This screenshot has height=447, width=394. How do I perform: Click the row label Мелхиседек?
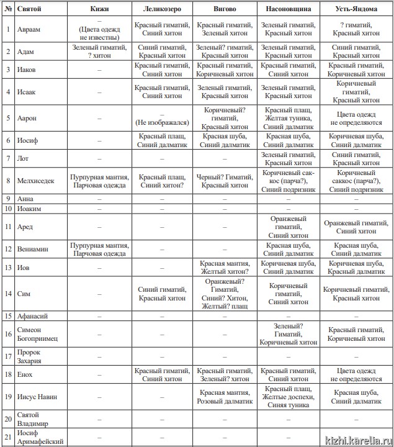click(38, 180)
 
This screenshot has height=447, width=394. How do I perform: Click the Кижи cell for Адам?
click(99, 51)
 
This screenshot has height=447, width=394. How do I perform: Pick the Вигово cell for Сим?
click(224, 294)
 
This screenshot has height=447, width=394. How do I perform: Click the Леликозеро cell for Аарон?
click(161, 118)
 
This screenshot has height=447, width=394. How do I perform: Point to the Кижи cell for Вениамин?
click(99, 248)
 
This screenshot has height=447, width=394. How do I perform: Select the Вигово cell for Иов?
click(224, 267)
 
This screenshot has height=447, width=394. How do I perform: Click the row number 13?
click(7, 267)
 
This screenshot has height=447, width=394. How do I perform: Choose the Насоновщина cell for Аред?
click(289, 227)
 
